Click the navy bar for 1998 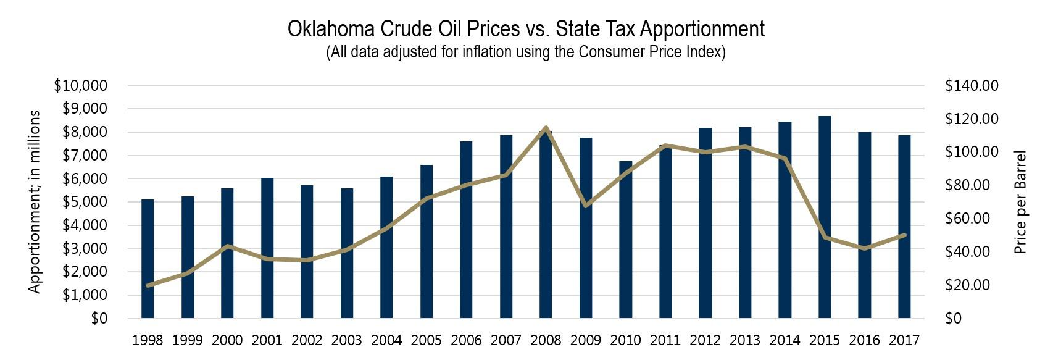[x=148, y=259]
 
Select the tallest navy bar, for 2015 [x=825, y=216]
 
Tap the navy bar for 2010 [x=625, y=241]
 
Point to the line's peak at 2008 [x=546, y=128]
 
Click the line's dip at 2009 [x=585, y=205]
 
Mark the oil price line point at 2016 [x=865, y=249]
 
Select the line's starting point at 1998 [x=148, y=285]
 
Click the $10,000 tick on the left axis [x=81, y=86]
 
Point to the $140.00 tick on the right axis [x=972, y=86]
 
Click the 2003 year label [x=347, y=340]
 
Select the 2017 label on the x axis [x=904, y=340]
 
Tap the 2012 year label [x=705, y=340]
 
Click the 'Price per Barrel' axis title [x=1020, y=202]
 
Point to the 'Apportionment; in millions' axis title [x=35, y=202]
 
